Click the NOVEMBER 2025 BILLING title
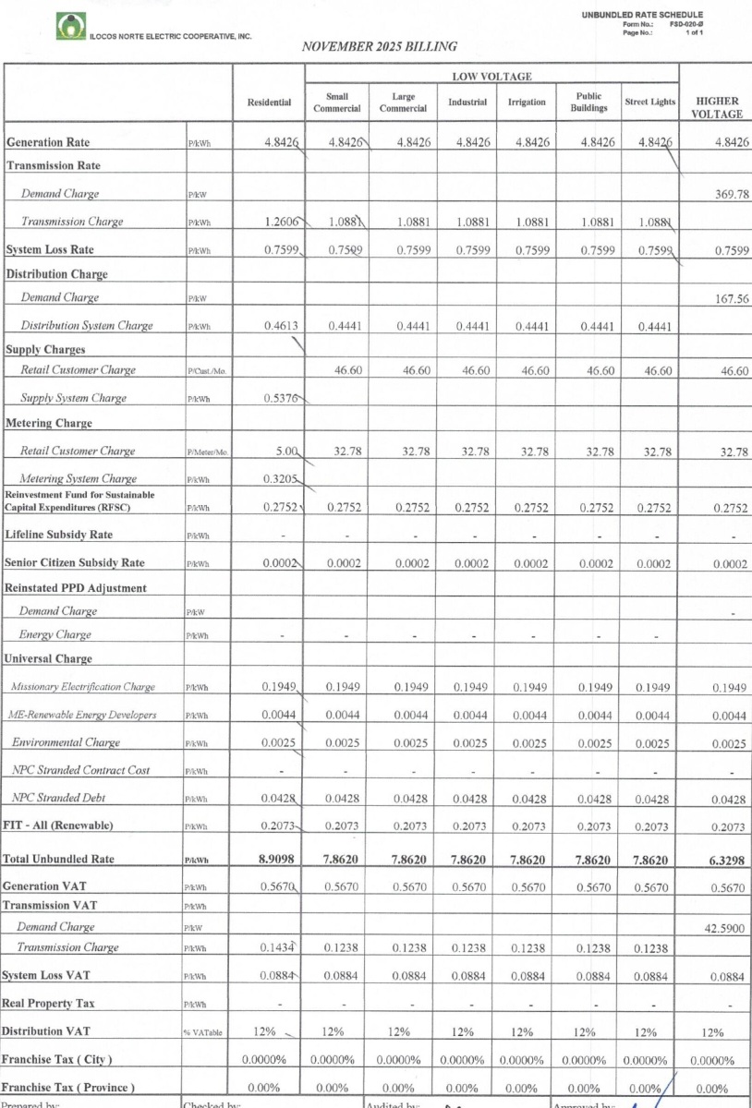[379, 45]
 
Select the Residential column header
[269, 102]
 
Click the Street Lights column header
[649, 102]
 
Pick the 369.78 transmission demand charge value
[731, 194]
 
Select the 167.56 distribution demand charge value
[731, 297]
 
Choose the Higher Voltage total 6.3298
[727, 859]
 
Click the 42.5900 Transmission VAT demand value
[725, 926]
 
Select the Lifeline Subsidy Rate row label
[59, 535]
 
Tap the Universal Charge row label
[49, 659]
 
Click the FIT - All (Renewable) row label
[59, 825]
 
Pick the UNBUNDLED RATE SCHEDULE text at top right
[642, 15]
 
